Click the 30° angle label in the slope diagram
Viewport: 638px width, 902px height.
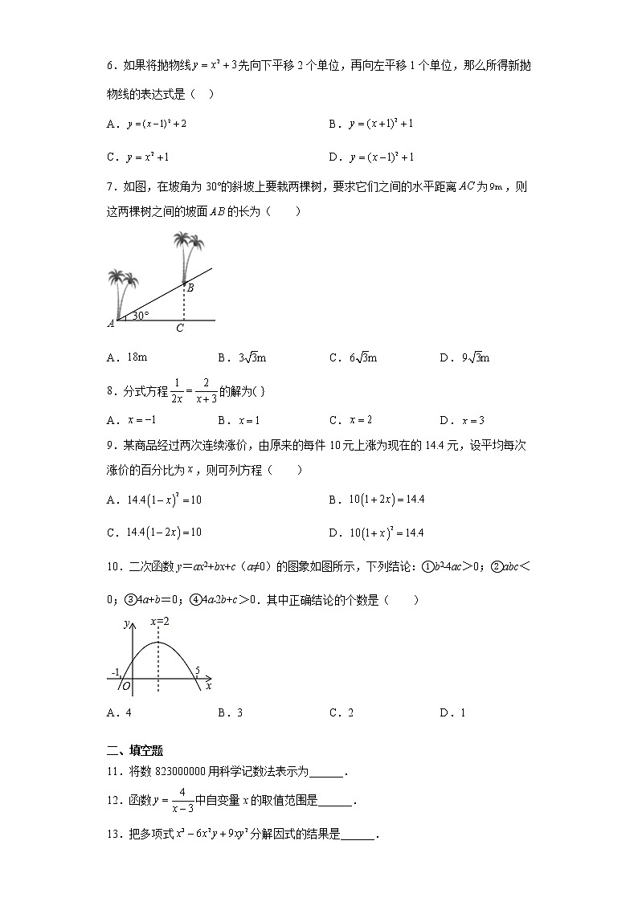(x=141, y=316)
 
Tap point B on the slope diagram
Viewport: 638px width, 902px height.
(x=190, y=287)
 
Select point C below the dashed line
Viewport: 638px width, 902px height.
(x=180, y=328)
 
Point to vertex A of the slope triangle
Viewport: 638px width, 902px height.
(x=111, y=323)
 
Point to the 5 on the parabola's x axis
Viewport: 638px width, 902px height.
(x=197, y=670)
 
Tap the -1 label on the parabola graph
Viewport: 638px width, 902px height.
(x=117, y=671)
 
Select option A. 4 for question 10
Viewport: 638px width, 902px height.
(x=119, y=712)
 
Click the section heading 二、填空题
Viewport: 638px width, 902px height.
(x=135, y=751)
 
